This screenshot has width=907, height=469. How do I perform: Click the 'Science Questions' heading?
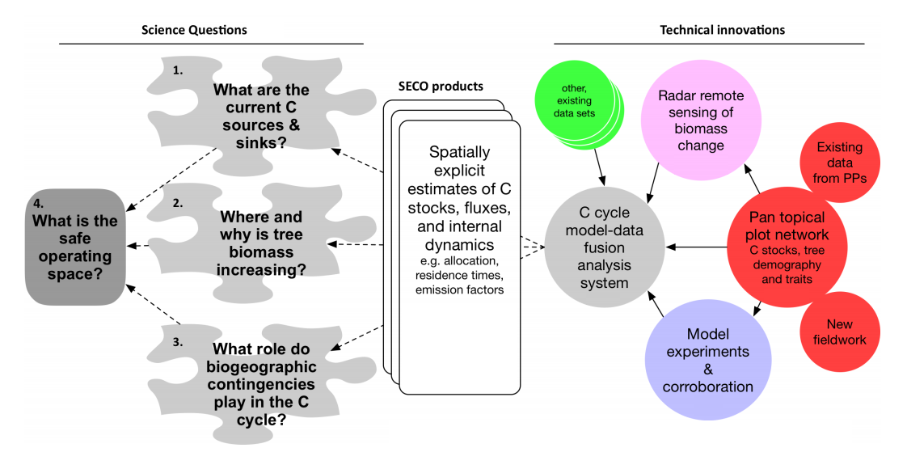(194, 31)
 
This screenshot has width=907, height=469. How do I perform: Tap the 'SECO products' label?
(441, 87)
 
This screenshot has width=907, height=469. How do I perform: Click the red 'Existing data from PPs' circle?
(839, 162)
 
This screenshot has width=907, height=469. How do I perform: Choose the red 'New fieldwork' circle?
(840, 332)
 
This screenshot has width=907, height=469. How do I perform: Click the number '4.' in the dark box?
(40, 201)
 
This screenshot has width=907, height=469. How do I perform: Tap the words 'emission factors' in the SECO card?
(459, 289)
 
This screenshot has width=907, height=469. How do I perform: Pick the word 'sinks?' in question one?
(261, 142)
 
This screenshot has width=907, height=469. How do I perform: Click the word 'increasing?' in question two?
(264, 270)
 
